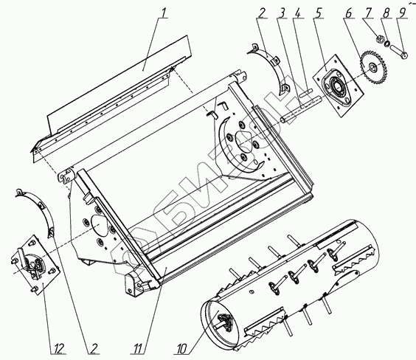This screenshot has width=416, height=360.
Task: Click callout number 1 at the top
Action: [164, 13]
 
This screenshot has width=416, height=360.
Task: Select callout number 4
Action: [298, 13]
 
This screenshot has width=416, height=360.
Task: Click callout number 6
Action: [349, 13]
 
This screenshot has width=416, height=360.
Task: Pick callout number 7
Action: [368, 13]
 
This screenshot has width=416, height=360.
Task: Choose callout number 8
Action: [386, 13]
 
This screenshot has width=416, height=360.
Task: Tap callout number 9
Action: [402, 13]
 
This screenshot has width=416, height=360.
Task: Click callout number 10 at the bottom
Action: [181, 348]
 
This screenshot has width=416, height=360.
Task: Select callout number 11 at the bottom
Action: [138, 348]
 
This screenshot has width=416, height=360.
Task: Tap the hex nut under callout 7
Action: [380, 40]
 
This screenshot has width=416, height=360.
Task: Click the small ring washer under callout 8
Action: [388, 44]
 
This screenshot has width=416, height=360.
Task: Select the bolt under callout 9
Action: [398, 52]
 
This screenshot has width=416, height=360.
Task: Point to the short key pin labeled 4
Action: [305, 93]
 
